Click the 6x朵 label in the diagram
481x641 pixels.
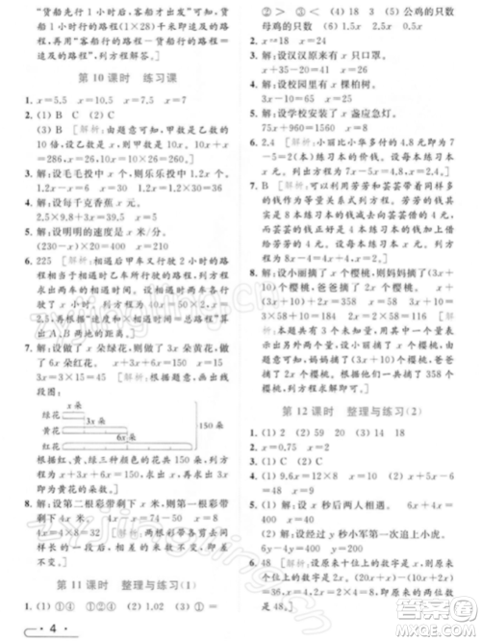(x=126, y=410)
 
